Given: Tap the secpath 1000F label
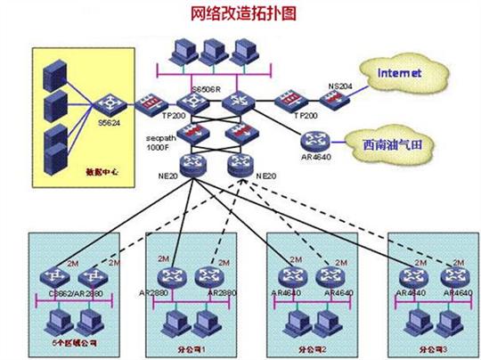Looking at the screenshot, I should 163,145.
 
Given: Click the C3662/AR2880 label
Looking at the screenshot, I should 75,292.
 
